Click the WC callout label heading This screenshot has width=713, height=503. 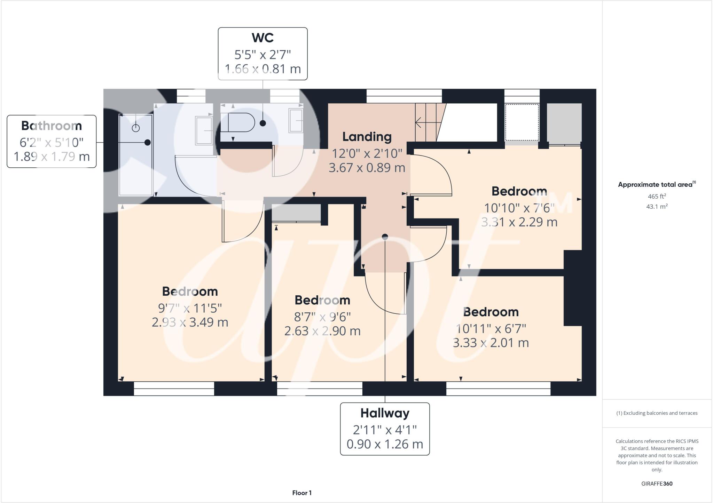pyautogui.click(x=263, y=38)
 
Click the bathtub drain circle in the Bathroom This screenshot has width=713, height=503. pyautogui.click(x=136, y=128)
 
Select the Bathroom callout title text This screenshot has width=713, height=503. pyautogui.click(x=52, y=126)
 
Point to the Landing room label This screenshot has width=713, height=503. pyautogui.click(x=367, y=137)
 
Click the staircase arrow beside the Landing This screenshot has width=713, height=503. pyautogui.click(x=425, y=122)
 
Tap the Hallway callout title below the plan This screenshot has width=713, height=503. pyautogui.click(x=385, y=413)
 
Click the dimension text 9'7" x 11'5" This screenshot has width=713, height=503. pyautogui.click(x=190, y=308)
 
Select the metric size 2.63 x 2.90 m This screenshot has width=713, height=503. pyautogui.click(x=322, y=331)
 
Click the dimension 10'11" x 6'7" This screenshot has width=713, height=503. pyautogui.click(x=491, y=329)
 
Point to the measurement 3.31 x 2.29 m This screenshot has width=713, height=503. pyautogui.click(x=519, y=222)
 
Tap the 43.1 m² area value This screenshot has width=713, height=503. pyautogui.click(x=657, y=207)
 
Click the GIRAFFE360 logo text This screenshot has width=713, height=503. pyautogui.click(x=657, y=484)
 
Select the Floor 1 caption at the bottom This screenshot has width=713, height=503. pyautogui.click(x=302, y=493)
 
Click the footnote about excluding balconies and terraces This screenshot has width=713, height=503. pyautogui.click(x=657, y=413)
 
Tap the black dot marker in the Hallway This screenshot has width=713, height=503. pyautogui.click(x=385, y=237)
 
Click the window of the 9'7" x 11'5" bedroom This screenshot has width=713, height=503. pyautogui.click(x=174, y=389)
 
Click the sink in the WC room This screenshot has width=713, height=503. pyautogui.click(x=296, y=120)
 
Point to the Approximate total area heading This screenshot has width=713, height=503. pyautogui.click(x=655, y=185)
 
